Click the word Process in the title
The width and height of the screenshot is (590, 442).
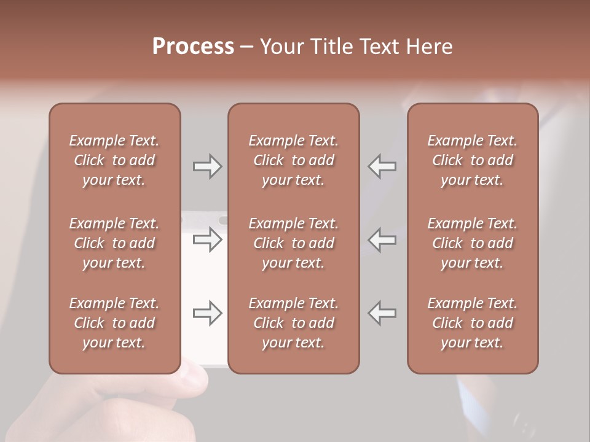[193, 47]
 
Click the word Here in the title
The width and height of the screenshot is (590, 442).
[429, 47]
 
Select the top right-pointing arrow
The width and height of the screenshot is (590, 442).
[207, 166]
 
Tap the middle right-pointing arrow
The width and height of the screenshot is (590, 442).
[207, 240]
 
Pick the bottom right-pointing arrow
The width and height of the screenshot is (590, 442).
[207, 314]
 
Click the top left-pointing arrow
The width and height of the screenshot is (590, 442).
[382, 166]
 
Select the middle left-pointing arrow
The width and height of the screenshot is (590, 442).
[382, 240]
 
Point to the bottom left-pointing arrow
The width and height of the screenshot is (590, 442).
[382, 314]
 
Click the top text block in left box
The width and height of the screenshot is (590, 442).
[114, 160]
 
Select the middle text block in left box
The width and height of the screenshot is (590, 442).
[114, 243]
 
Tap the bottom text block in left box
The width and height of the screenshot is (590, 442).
[114, 323]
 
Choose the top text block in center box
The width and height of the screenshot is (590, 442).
[293, 160]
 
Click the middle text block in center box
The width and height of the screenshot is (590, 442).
[293, 243]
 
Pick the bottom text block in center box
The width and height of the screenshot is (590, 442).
[293, 323]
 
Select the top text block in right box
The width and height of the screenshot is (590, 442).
[472, 160]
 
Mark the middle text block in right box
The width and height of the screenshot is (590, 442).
[472, 243]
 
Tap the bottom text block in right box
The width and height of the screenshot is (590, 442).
[472, 323]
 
